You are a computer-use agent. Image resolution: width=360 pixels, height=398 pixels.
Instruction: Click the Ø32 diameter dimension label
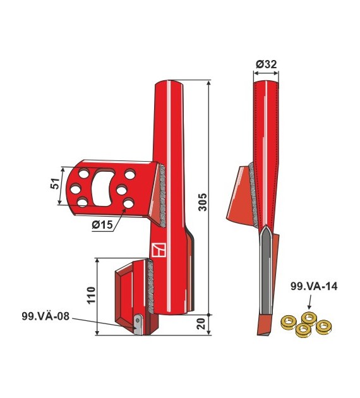[x=266, y=64]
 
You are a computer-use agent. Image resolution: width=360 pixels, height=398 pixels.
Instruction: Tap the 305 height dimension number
[x=203, y=202]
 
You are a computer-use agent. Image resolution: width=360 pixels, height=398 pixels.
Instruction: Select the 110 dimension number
[x=91, y=294]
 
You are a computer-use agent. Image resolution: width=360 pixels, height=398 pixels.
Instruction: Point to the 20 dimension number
[x=201, y=323]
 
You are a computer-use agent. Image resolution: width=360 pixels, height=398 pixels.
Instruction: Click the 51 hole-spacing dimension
[x=55, y=183]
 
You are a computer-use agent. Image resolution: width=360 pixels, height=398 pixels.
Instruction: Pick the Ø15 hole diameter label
[x=102, y=224]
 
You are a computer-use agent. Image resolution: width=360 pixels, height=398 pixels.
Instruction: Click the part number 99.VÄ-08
[x=45, y=317]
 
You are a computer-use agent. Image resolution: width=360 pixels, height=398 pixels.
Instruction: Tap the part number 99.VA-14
[x=314, y=286]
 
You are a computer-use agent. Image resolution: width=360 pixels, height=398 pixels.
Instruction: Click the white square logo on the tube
[x=159, y=250]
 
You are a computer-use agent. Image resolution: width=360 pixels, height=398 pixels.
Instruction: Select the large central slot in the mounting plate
[x=103, y=188]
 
